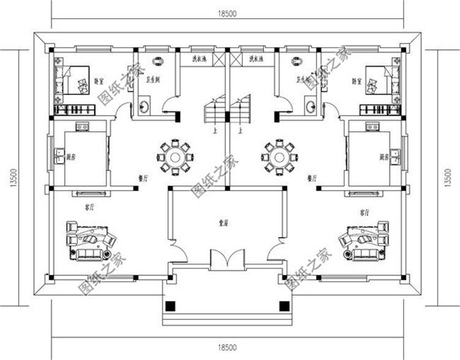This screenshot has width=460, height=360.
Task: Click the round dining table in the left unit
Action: coord(176,155)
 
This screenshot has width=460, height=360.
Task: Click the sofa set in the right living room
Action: coord(364,241)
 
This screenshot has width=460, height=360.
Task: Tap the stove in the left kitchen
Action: coord(81,126)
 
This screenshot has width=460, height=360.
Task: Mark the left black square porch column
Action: coord(172,306)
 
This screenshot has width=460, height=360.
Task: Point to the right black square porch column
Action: coord(283,306)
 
